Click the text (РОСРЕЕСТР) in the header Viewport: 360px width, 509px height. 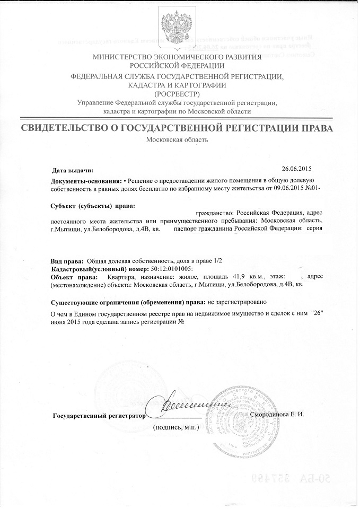coord(178,93)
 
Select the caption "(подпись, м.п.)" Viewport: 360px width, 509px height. coord(175,427)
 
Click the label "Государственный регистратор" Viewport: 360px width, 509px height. coord(99,415)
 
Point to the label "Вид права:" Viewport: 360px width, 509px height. coord(66,262)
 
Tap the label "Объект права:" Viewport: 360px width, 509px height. coord(73,277)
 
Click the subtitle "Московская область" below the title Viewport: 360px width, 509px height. coord(177,140)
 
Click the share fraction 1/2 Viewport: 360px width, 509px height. coord(223,262)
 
